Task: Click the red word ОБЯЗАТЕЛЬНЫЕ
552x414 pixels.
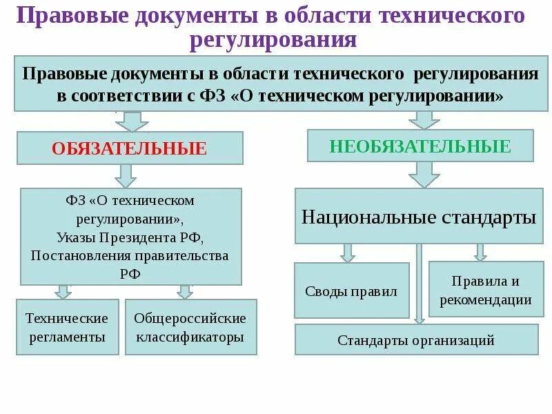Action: tap(130, 148)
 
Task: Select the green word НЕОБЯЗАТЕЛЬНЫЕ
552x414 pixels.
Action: tap(420, 146)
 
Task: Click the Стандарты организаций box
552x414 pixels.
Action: tap(416, 339)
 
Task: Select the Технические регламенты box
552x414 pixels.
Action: tap(67, 327)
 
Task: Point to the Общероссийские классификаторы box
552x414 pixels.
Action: tap(190, 327)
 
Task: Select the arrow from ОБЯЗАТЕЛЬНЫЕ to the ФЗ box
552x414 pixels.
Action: tap(126, 175)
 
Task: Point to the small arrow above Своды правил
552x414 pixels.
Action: tap(348, 253)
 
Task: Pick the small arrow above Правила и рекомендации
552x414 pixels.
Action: tap(480, 252)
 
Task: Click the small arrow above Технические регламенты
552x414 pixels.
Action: tap(63, 291)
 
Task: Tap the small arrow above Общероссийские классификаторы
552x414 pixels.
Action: tap(184, 291)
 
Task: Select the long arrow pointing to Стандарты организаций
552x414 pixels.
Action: tap(419, 283)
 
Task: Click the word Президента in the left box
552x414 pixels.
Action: tap(155, 237)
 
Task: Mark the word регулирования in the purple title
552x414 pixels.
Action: tap(274, 39)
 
